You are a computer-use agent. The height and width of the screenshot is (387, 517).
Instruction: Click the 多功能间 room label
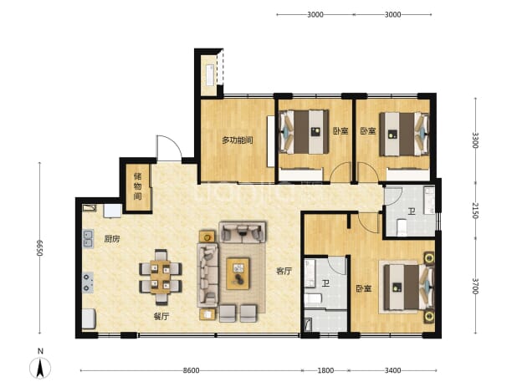237,140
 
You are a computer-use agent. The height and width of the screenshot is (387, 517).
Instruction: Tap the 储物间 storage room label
137,186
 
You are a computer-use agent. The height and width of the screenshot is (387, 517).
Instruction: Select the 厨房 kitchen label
112,239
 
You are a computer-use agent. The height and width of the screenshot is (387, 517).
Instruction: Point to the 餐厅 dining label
161,317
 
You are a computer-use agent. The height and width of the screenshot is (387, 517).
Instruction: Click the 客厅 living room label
284,271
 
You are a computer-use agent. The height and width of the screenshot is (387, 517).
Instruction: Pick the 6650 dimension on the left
39,247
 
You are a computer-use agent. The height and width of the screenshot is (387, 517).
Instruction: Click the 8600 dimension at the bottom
191,370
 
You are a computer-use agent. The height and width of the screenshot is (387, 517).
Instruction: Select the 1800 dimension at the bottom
325,370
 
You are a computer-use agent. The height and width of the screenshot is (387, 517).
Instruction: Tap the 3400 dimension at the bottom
392,370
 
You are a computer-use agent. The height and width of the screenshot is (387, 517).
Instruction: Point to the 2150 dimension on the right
475,210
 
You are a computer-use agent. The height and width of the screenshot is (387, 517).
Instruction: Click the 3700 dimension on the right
475,286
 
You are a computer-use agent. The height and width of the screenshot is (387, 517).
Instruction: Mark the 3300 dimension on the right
475,140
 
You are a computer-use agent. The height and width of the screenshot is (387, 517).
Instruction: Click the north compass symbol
40,368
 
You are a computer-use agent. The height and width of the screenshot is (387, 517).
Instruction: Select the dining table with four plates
161,277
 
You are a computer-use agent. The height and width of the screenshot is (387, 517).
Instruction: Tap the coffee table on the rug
238,274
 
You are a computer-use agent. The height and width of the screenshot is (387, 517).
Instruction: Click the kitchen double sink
88,239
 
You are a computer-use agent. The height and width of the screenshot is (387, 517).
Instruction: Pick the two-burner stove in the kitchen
88,283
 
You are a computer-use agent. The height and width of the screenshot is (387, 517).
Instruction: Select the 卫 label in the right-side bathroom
411,211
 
